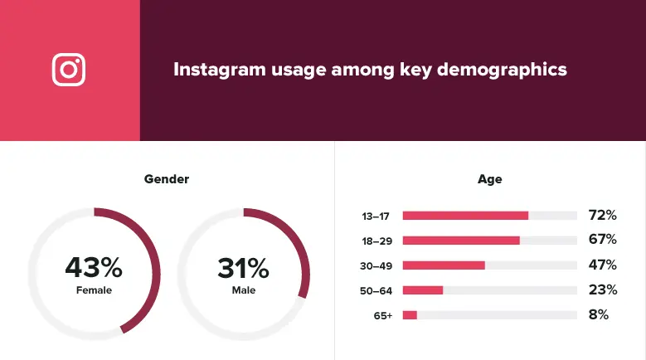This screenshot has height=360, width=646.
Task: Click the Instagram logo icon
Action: (x=69, y=70)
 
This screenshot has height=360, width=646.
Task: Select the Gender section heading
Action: (x=167, y=179)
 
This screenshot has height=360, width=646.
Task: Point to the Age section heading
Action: (x=489, y=179)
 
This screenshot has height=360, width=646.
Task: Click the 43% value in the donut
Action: (x=94, y=268)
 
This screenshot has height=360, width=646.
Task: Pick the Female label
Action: (x=94, y=290)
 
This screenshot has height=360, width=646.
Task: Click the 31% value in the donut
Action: (x=243, y=268)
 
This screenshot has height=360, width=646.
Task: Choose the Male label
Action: (x=244, y=290)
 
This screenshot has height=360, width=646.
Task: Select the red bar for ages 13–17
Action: (x=465, y=216)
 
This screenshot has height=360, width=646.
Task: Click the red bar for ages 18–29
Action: (x=461, y=241)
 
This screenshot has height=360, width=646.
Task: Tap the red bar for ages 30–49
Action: (x=444, y=265)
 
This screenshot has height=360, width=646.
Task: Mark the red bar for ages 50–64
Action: (x=423, y=290)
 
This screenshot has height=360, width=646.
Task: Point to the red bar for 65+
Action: (x=410, y=315)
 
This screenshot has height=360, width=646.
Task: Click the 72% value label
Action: (x=602, y=216)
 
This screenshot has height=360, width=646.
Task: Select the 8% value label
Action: (x=599, y=315)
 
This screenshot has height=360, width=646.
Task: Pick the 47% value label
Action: (x=602, y=265)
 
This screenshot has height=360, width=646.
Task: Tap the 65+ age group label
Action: (x=382, y=315)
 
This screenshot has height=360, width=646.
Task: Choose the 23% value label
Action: (x=602, y=290)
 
